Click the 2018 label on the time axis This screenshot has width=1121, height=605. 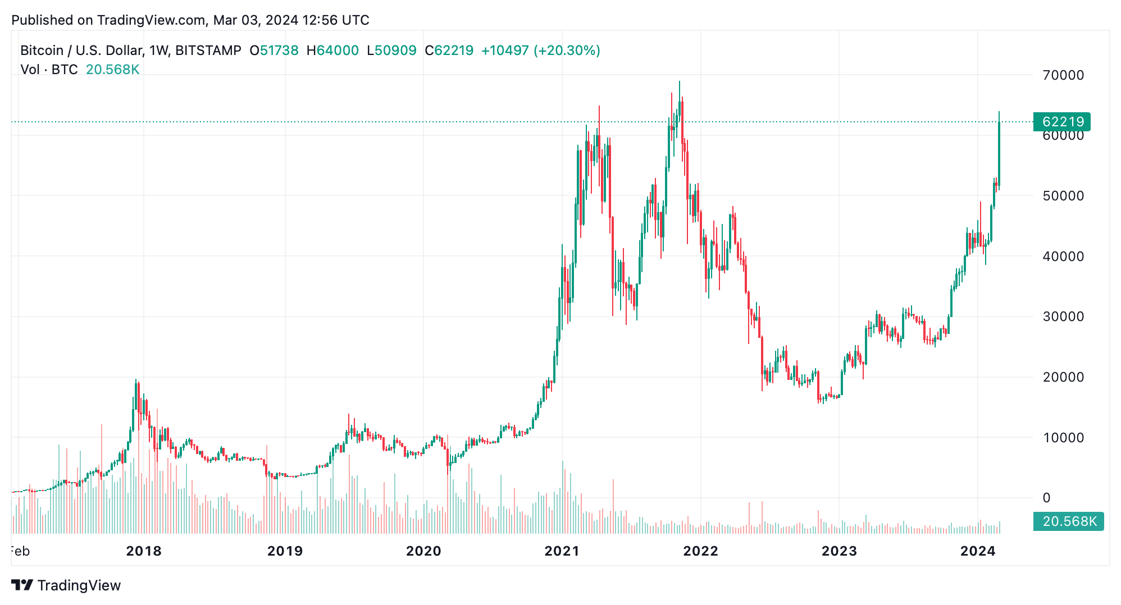tap(144, 551)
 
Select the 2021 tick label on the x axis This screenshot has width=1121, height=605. tap(562, 551)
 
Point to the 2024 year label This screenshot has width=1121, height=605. tap(978, 551)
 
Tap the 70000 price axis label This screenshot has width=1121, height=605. tap(1063, 75)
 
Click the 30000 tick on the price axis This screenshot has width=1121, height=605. tap(1063, 317)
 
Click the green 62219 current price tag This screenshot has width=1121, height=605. tap(1061, 122)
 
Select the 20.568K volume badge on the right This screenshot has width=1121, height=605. tap(1068, 521)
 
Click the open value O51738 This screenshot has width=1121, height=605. tap(274, 51)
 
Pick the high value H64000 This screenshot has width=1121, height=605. tap(332, 51)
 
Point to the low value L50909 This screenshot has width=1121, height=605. tap(391, 51)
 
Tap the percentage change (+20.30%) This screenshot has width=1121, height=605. tap(567, 51)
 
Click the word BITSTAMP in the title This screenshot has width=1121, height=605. tap(208, 51)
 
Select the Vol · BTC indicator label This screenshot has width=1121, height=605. tap(49, 70)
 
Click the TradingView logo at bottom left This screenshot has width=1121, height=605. tap(66, 585)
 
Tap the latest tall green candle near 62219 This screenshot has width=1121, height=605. tap(999, 154)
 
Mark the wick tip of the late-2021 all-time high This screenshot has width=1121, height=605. tap(679, 82)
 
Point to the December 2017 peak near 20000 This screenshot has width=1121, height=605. tap(136, 381)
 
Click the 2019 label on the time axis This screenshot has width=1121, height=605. tap(285, 551)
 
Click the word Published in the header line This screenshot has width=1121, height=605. tap(43, 20)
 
